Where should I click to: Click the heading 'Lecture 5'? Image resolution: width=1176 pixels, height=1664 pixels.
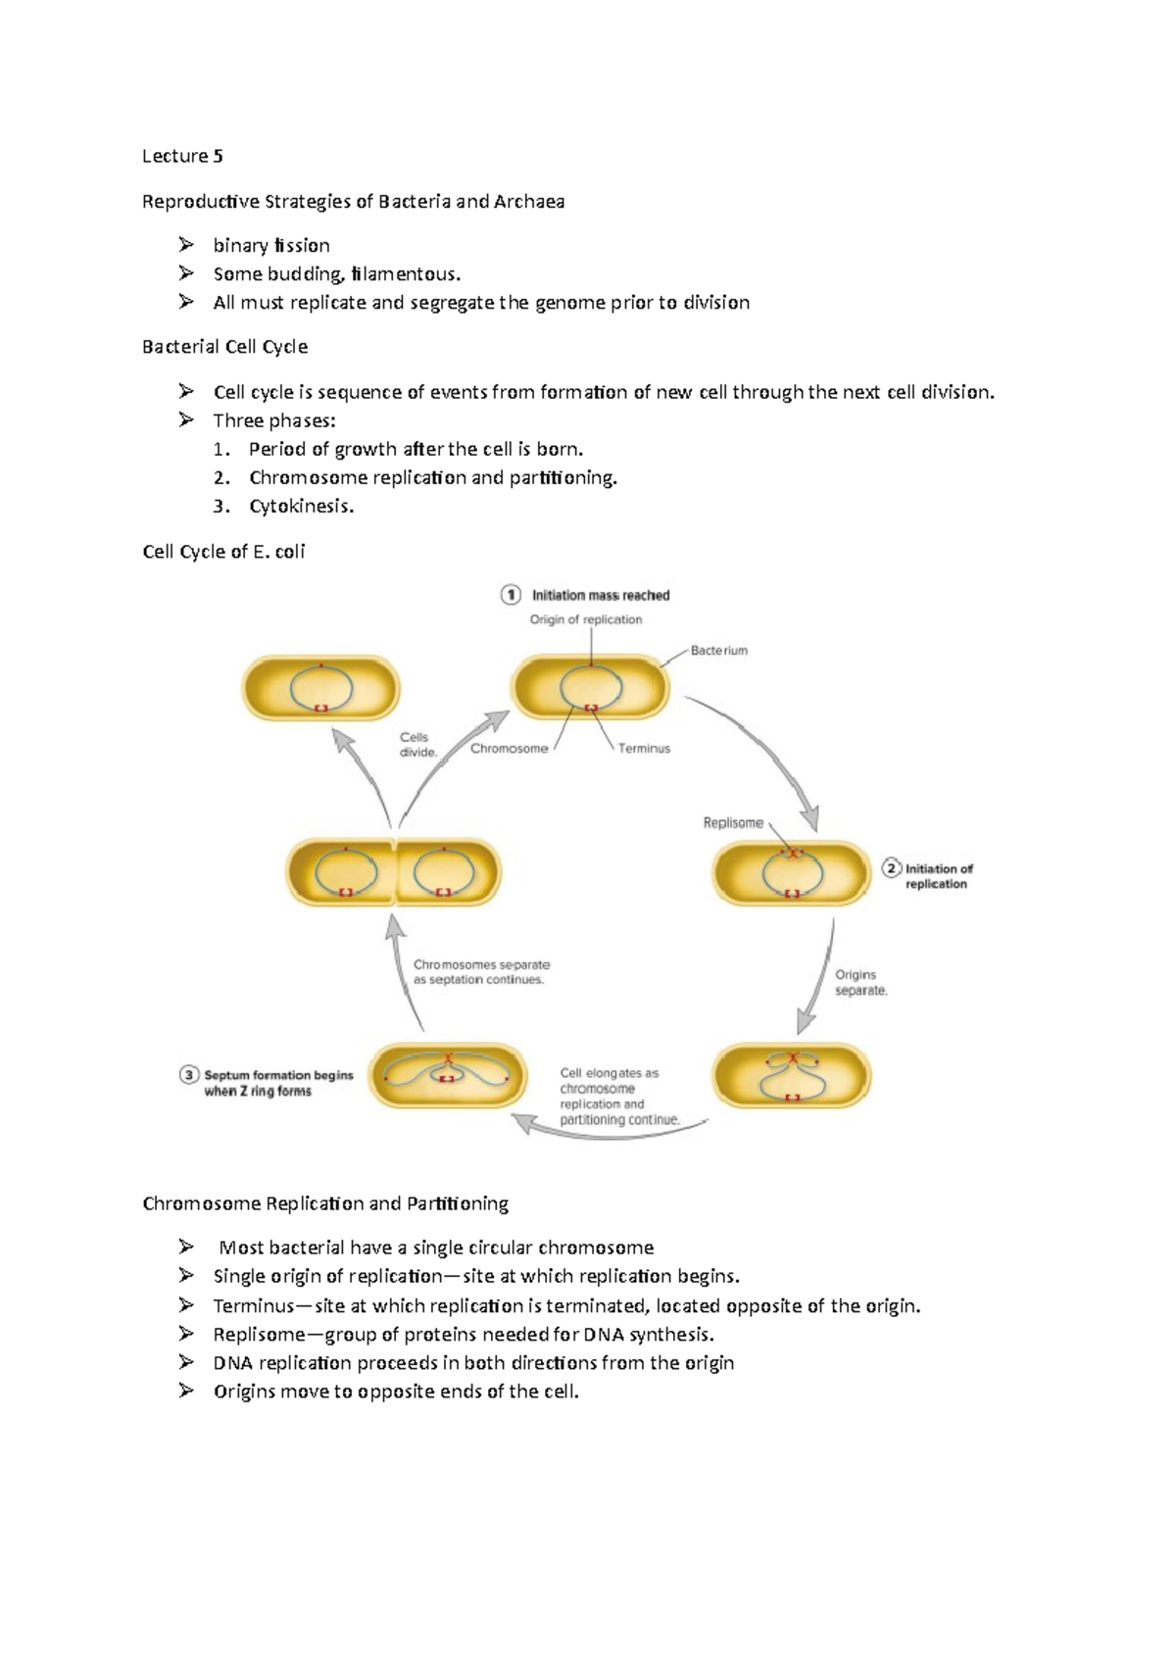pyautogui.click(x=182, y=156)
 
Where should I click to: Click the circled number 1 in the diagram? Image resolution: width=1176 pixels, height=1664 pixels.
pyautogui.click(x=511, y=595)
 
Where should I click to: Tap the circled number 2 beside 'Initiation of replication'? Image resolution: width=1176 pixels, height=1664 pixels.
pyautogui.click(x=892, y=868)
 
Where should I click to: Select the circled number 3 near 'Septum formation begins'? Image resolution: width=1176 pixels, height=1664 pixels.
pyautogui.click(x=189, y=1075)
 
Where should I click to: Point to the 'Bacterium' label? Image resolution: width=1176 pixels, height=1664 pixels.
pyautogui.click(x=718, y=651)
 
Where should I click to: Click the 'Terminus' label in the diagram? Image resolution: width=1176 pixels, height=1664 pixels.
pyautogui.click(x=644, y=749)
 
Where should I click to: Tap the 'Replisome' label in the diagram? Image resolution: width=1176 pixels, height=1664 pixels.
pyautogui.click(x=732, y=823)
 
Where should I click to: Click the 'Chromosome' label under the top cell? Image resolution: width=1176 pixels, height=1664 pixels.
pyautogui.click(x=509, y=749)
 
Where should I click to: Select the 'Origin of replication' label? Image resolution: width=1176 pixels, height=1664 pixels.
pyautogui.click(x=586, y=619)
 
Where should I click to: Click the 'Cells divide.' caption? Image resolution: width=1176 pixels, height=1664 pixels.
pyautogui.click(x=417, y=745)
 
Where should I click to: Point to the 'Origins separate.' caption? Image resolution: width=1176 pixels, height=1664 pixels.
pyautogui.click(x=860, y=982)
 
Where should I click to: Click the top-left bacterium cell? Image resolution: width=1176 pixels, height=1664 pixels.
pyautogui.click(x=321, y=689)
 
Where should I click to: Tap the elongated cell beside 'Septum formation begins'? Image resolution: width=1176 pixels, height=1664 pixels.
pyautogui.click(x=448, y=1076)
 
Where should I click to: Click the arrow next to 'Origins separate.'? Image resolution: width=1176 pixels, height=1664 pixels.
pyautogui.click(x=816, y=976)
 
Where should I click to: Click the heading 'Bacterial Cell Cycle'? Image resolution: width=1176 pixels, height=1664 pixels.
pyautogui.click(x=225, y=347)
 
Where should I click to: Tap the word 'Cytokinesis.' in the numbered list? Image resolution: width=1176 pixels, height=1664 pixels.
pyautogui.click(x=301, y=507)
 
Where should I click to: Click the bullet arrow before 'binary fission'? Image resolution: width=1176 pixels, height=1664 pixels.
pyautogui.click(x=186, y=245)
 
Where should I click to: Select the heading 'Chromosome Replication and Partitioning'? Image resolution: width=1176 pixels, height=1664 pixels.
pyautogui.click(x=325, y=1203)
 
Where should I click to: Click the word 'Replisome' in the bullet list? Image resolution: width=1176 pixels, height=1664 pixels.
pyautogui.click(x=260, y=1335)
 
